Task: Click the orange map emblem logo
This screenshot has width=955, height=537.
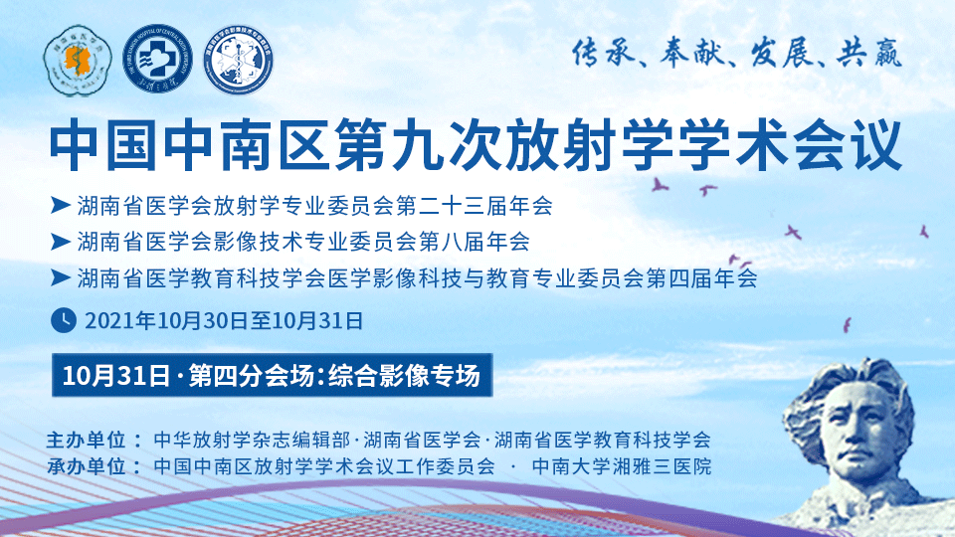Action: click(78, 61)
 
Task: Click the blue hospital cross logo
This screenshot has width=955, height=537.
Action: click(157, 60)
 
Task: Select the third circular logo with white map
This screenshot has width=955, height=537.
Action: click(238, 60)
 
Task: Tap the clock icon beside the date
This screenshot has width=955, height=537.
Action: click(64, 320)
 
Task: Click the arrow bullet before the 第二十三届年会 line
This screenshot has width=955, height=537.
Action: click(61, 205)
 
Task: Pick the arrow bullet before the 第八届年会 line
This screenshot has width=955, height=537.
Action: click(61, 242)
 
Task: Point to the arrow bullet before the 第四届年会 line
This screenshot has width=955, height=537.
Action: click(61, 278)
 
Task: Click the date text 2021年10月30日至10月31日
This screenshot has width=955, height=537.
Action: click(224, 321)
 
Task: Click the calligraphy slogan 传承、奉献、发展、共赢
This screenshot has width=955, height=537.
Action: click(737, 53)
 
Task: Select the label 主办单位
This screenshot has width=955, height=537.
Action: click(86, 439)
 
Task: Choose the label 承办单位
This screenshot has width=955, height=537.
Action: click(86, 466)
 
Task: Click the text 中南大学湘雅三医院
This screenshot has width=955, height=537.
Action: click(622, 466)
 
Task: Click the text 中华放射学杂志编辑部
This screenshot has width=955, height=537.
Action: click(252, 439)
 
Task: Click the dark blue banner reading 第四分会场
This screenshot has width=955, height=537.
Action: click(273, 375)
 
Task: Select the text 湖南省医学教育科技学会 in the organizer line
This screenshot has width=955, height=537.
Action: click(603, 439)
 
